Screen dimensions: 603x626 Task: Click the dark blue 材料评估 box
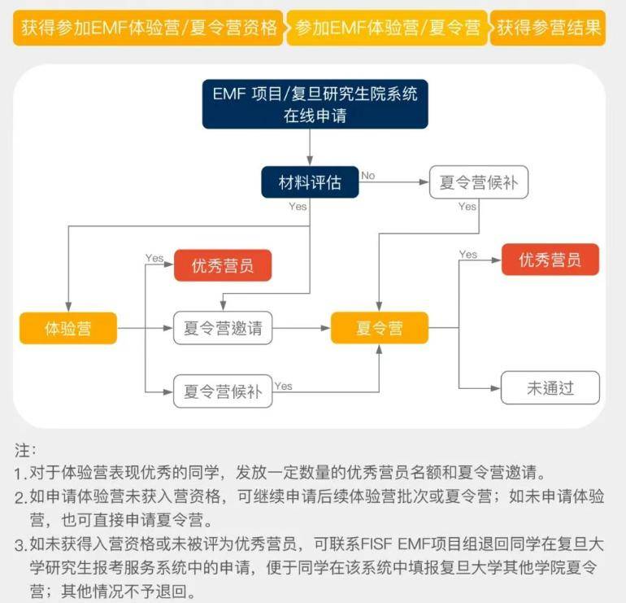click(x=309, y=182)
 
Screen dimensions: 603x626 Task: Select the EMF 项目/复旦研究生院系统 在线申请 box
click(x=315, y=104)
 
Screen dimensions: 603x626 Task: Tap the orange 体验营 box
click(x=67, y=329)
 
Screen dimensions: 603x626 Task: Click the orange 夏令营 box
click(x=380, y=329)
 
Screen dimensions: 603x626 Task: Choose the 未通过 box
click(x=550, y=388)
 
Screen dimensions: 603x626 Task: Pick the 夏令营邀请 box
click(x=222, y=329)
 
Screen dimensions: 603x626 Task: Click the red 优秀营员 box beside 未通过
click(x=550, y=260)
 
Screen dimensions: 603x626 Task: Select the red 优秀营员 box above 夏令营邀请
click(x=222, y=265)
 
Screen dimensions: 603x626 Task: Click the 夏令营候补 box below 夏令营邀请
click(x=222, y=391)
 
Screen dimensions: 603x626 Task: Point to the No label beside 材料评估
click(x=368, y=175)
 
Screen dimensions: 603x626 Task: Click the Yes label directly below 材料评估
click(x=298, y=207)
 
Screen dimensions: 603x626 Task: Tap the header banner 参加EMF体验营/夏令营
click(x=387, y=28)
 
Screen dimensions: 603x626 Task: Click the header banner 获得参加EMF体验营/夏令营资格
click(x=149, y=28)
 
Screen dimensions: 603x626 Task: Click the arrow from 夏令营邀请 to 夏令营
click(x=301, y=329)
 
